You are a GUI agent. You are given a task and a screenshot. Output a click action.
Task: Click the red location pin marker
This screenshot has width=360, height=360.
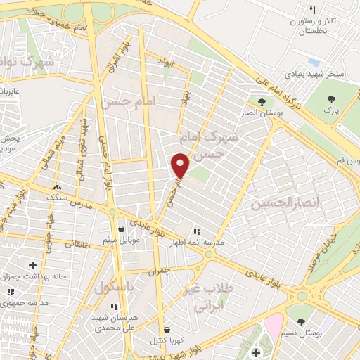tap(181, 165)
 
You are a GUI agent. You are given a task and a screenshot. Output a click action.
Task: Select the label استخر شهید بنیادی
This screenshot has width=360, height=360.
tap(312, 73)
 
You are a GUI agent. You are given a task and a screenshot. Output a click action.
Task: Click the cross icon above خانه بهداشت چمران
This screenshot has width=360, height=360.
tap(32, 265)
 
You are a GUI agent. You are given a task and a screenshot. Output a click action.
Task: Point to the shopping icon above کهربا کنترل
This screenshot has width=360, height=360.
tap(166, 328)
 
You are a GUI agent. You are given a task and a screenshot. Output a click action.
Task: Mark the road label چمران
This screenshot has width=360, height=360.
tap(159, 270)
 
